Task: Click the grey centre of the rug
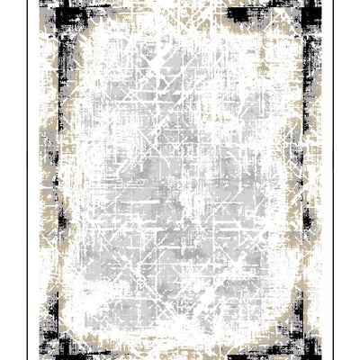(180, 180)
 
